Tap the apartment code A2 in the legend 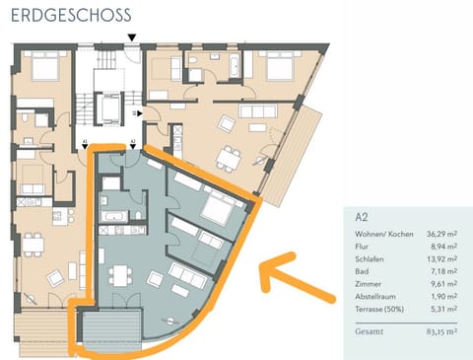point(364,215)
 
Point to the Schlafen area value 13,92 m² point(440,262)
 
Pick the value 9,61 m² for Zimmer point(442,291)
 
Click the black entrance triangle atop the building point(131,37)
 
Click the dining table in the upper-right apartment point(231,156)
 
